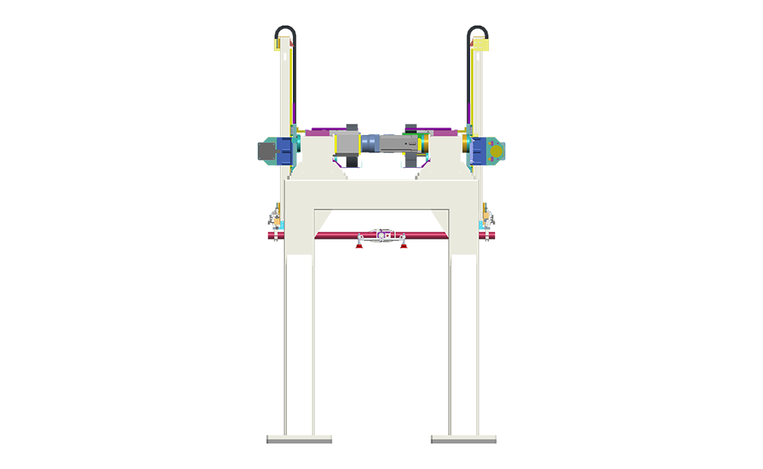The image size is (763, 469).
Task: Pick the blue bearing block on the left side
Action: [284, 149]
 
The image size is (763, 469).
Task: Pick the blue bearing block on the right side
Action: [479, 149]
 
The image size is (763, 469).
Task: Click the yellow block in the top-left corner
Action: [267, 47]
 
